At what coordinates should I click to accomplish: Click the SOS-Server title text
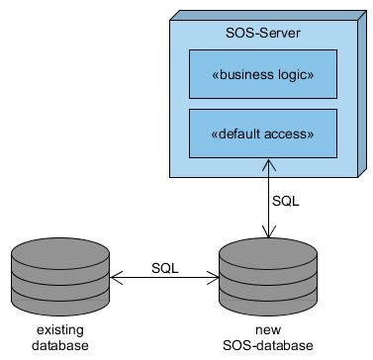(x=264, y=34)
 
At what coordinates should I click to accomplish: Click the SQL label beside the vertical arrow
(x=285, y=200)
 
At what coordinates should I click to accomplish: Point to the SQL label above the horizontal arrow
(x=165, y=268)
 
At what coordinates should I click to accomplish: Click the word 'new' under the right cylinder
(x=267, y=330)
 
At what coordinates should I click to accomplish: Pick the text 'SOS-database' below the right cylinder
(x=267, y=345)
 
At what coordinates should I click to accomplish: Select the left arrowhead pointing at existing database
(x=113, y=280)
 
